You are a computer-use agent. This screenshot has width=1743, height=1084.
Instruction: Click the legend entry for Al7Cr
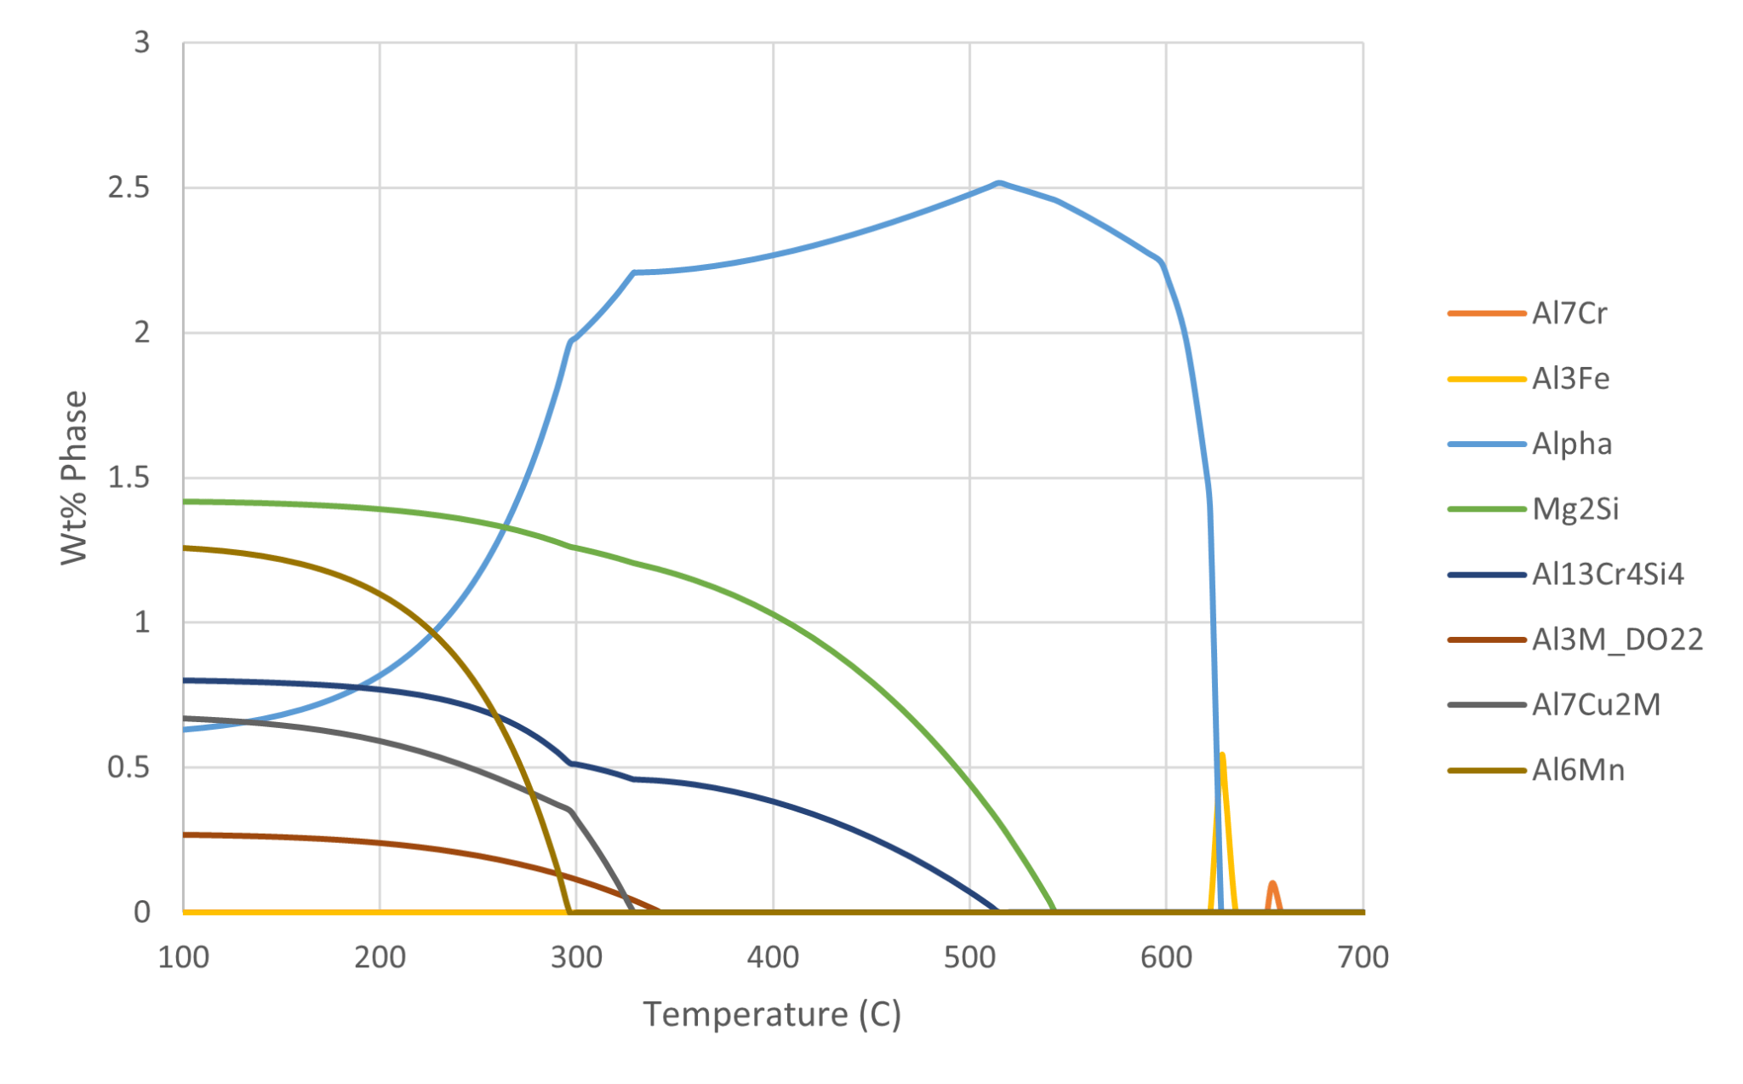[1569, 313]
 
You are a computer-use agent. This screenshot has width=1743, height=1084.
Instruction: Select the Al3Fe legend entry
[1570, 379]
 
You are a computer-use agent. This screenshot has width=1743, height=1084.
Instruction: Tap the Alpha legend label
[1572, 444]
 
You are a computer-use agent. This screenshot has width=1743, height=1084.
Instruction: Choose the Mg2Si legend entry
[1575, 509]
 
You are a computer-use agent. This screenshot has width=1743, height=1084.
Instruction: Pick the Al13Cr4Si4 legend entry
[1607, 575]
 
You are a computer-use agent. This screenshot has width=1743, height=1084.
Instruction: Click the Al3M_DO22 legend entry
[1617, 640]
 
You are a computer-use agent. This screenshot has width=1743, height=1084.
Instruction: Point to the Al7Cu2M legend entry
[1596, 705]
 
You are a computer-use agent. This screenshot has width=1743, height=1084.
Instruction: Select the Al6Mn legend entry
[1578, 771]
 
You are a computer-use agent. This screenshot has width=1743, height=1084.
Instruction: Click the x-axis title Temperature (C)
[772, 1014]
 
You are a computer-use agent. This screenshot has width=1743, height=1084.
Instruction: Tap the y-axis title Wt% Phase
[74, 477]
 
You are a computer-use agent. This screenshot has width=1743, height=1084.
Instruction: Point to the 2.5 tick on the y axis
[129, 187]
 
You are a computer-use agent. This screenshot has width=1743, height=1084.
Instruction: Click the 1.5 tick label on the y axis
[129, 478]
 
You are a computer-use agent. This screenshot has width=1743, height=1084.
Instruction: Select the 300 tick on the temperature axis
[576, 957]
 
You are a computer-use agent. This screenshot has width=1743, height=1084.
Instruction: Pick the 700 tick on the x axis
[1363, 957]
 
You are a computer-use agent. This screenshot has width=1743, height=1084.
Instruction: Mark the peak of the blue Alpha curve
[999, 183]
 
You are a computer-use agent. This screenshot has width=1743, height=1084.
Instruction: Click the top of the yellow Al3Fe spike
[1222, 755]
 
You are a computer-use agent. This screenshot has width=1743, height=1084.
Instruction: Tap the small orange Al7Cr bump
[1272, 884]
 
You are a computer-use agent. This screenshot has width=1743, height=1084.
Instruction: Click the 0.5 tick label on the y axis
[129, 767]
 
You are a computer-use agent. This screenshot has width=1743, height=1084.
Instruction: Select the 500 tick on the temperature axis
[969, 957]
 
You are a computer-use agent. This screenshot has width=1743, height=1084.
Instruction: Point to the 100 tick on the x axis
[184, 957]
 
